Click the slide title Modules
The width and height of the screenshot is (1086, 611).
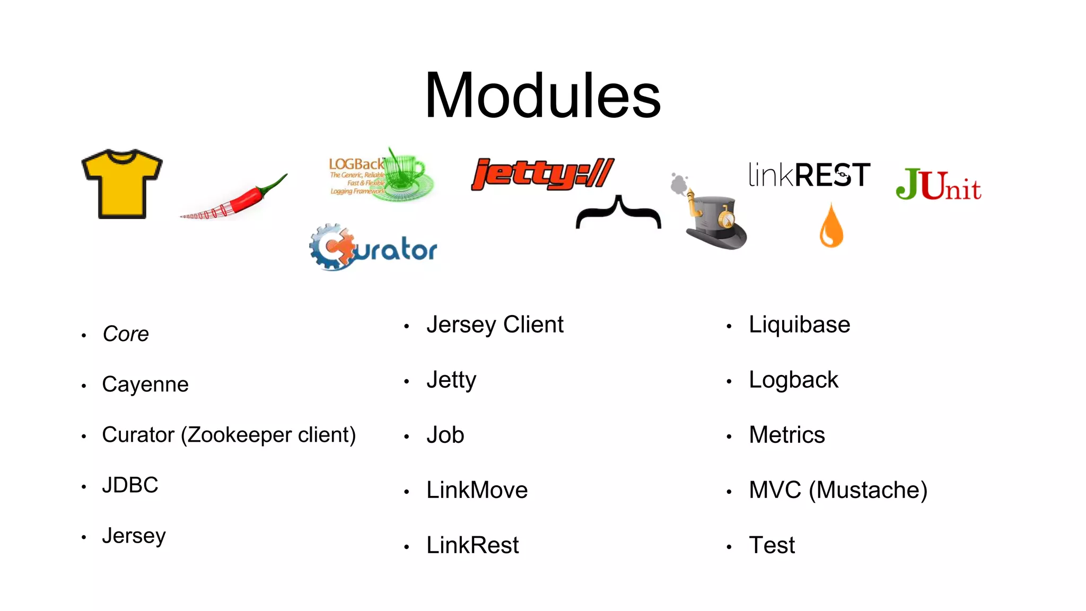pyautogui.click(x=542, y=95)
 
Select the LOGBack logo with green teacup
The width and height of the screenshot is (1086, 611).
pyautogui.click(x=381, y=175)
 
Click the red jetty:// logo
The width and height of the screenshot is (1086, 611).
pyautogui.click(x=542, y=174)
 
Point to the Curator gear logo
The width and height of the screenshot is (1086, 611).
pyautogui.click(x=373, y=248)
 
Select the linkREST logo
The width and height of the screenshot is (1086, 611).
pyautogui.click(x=809, y=175)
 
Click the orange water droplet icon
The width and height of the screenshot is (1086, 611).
pyautogui.click(x=831, y=226)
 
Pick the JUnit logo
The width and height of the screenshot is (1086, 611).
pyautogui.click(x=938, y=185)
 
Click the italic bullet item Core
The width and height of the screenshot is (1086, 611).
pyautogui.click(x=126, y=334)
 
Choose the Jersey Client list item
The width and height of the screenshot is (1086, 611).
pyautogui.click(x=495, y=325)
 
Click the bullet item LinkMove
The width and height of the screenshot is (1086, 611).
pyautogui.click(x=477, y=490)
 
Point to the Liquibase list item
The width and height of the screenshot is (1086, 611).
pyautogui.click(x=799, y=325)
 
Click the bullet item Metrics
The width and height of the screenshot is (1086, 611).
pyautogui.click(x=787, y=435)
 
